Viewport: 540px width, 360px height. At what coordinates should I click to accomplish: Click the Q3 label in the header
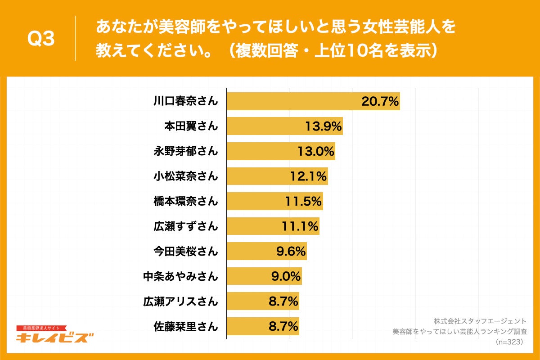click(x=41, y=39)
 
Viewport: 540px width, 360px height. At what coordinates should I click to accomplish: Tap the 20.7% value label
click(x=380, y=102)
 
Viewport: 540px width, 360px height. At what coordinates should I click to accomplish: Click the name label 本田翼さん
click(x=191, y=126)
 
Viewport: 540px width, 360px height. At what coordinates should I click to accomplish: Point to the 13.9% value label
click(x=323, y=126)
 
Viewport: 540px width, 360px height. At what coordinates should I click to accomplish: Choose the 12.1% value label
click(x=308, y=176)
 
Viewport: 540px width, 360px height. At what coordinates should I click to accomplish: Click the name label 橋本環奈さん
click(x=186, y=201)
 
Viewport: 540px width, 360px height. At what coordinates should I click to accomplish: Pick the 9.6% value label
click(x=291, y=251)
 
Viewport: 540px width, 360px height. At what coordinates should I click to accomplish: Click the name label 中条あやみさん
click(x=181, y=276)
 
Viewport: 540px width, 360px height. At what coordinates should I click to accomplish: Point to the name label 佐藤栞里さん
click(x=186, y=326)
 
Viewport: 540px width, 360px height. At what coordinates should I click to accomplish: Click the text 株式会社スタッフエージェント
click(x=480, y=321)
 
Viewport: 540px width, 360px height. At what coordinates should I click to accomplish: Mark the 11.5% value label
click(x=303, y=201)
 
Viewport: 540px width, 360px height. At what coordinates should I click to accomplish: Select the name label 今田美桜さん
click(x=186, y=251)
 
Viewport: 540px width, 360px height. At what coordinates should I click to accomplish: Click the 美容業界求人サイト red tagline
click(x=41, y=328)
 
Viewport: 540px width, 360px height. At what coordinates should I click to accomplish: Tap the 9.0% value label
click(x=286, y=276)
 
